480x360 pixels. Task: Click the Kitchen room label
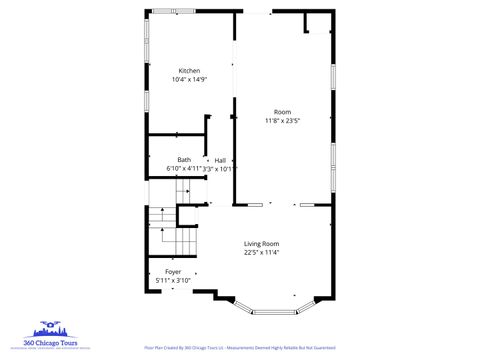(x=189, y=71)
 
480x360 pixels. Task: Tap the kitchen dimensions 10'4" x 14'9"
(x=189, y=79)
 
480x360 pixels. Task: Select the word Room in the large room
(x=283, y=112)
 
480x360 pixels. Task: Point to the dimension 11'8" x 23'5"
(x=283, y=121)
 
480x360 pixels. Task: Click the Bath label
(x=184, y=160)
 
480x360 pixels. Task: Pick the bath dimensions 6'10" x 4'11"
(x=183, y=169)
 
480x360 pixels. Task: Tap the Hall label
(x=220, y=160)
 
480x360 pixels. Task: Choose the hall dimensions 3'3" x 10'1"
(x=220, y=169)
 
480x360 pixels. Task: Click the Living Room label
(x=262, y=244)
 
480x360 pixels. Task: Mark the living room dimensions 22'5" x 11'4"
(x=262, y=253)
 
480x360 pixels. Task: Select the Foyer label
(x=173, y=272)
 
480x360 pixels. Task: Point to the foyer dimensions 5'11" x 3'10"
(x=173, y=281)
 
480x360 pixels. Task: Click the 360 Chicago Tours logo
(x=56, y=336)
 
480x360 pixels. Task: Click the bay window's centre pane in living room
(x=274, y=312)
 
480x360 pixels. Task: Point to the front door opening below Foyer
(x=176, y=292)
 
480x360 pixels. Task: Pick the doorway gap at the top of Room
(x=255, y=13)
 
